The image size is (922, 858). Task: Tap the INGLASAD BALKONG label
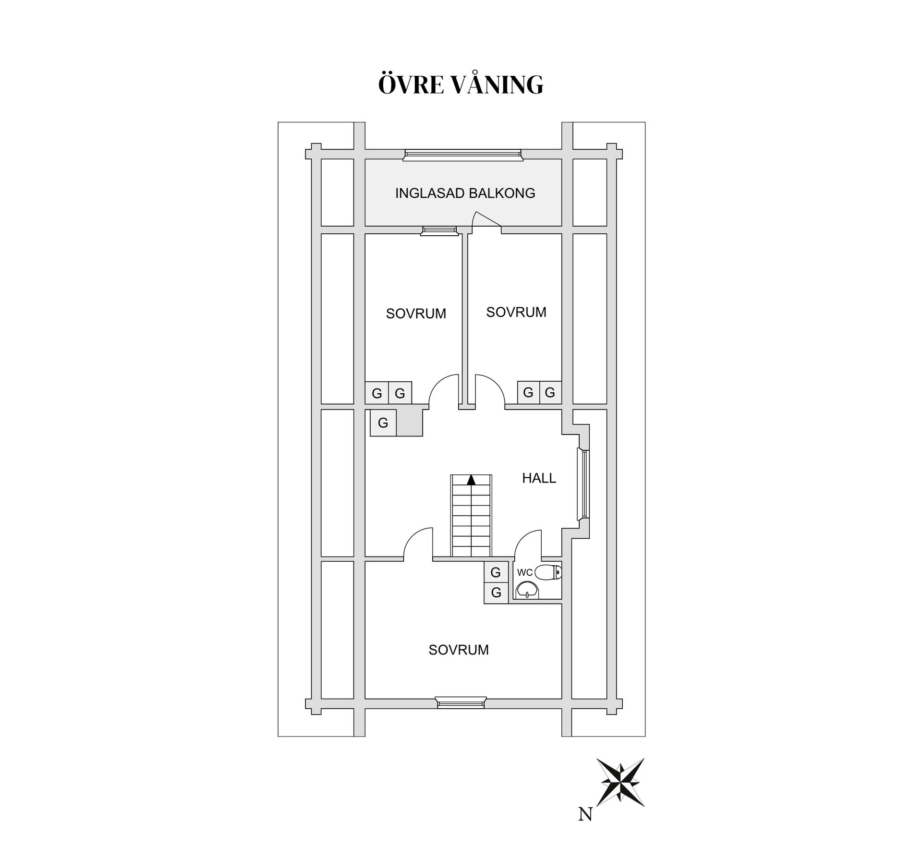tap(465, 193)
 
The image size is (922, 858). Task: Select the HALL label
tap(539, 478)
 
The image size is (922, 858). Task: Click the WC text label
tap(524, 572)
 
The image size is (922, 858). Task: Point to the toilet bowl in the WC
tap(548, 572)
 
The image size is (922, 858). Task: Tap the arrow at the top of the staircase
tap(471, 480)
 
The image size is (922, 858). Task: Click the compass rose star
tap(620, 782)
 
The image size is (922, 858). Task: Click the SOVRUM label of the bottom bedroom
tap(459, 650)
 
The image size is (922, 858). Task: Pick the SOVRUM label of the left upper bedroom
tap(416, 314)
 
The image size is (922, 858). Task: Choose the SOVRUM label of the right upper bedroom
tap(516, 312)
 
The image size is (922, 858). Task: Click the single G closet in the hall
tap(383, 423)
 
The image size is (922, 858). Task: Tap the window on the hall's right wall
tap(584, 484)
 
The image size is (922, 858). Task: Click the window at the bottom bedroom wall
tap(461, 702)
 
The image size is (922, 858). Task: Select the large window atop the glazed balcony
tap(462, 155)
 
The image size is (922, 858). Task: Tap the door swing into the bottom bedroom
tap(418, 544)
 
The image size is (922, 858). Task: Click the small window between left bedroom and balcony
tap(438, 231)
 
